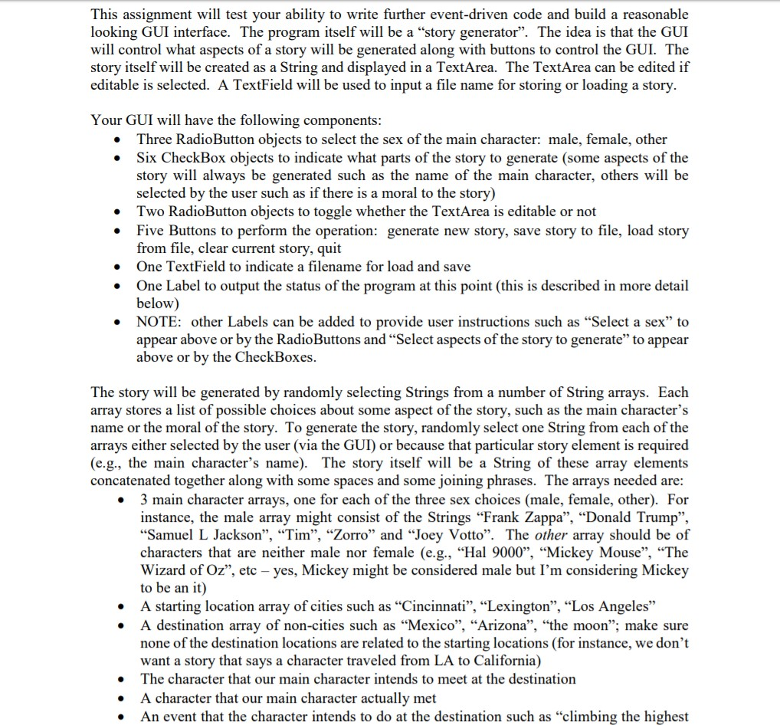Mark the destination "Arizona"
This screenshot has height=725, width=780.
pos(500,624)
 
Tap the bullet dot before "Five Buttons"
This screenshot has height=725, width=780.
pos(115,231)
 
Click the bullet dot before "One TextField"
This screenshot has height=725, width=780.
pos(115,267)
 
